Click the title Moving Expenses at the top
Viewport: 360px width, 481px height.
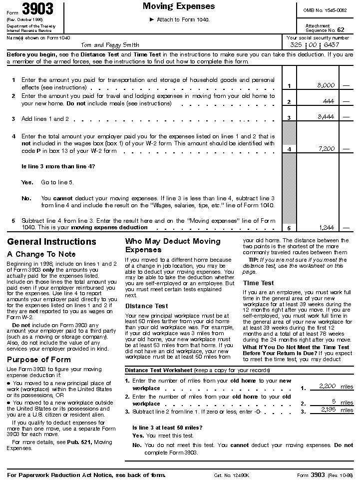(179, 6)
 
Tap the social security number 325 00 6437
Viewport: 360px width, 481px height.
(318, 45)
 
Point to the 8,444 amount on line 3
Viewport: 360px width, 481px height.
(326, 117)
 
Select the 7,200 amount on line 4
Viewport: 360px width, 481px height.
(326, 149)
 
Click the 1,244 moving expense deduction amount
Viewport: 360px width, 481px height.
(326, 227)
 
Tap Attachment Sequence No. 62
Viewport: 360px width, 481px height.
(325, 28)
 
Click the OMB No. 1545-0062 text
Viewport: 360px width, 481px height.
(325, 10)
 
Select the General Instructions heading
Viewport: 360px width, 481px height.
(51, 242)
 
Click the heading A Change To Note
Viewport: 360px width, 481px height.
(41, 254)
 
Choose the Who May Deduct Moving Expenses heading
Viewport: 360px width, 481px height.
(172, 245)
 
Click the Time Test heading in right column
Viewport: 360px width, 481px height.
(258, 283)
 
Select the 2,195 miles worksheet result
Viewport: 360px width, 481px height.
(332, 410)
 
